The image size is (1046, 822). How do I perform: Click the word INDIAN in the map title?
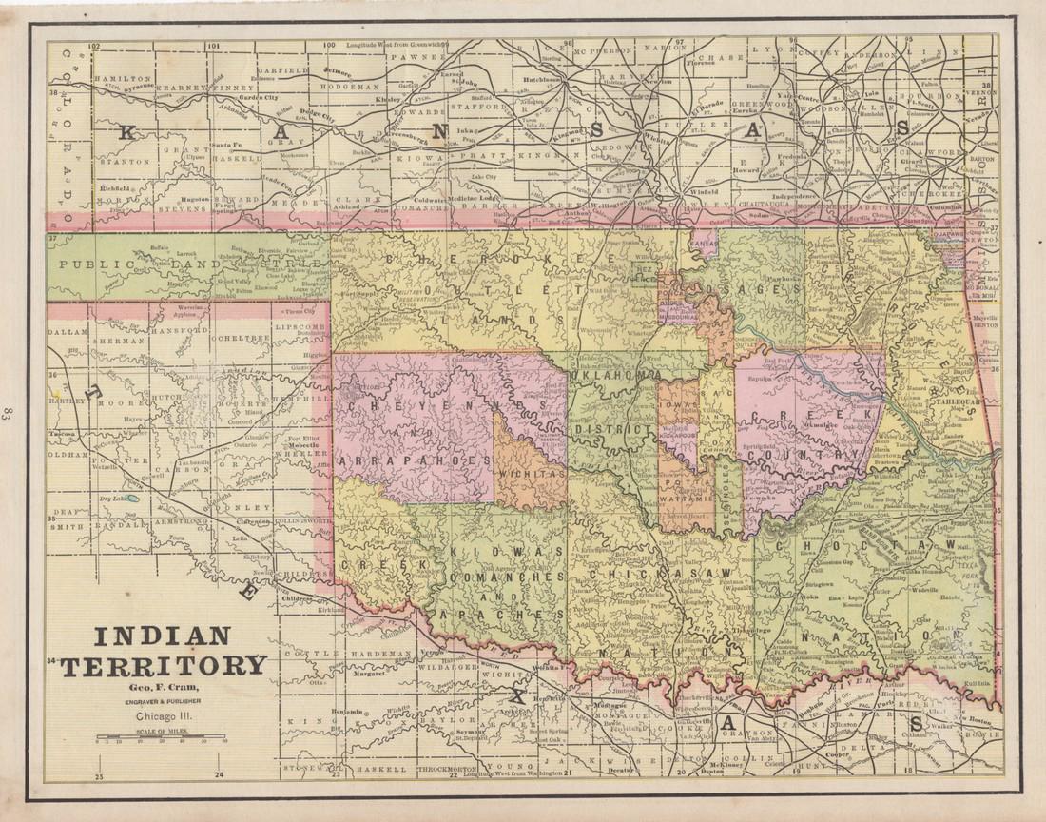(161, 636)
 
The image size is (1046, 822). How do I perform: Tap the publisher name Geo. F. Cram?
(164, 688)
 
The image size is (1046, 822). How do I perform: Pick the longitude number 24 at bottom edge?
(220, 775)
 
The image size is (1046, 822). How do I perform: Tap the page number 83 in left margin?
(9, 412)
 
